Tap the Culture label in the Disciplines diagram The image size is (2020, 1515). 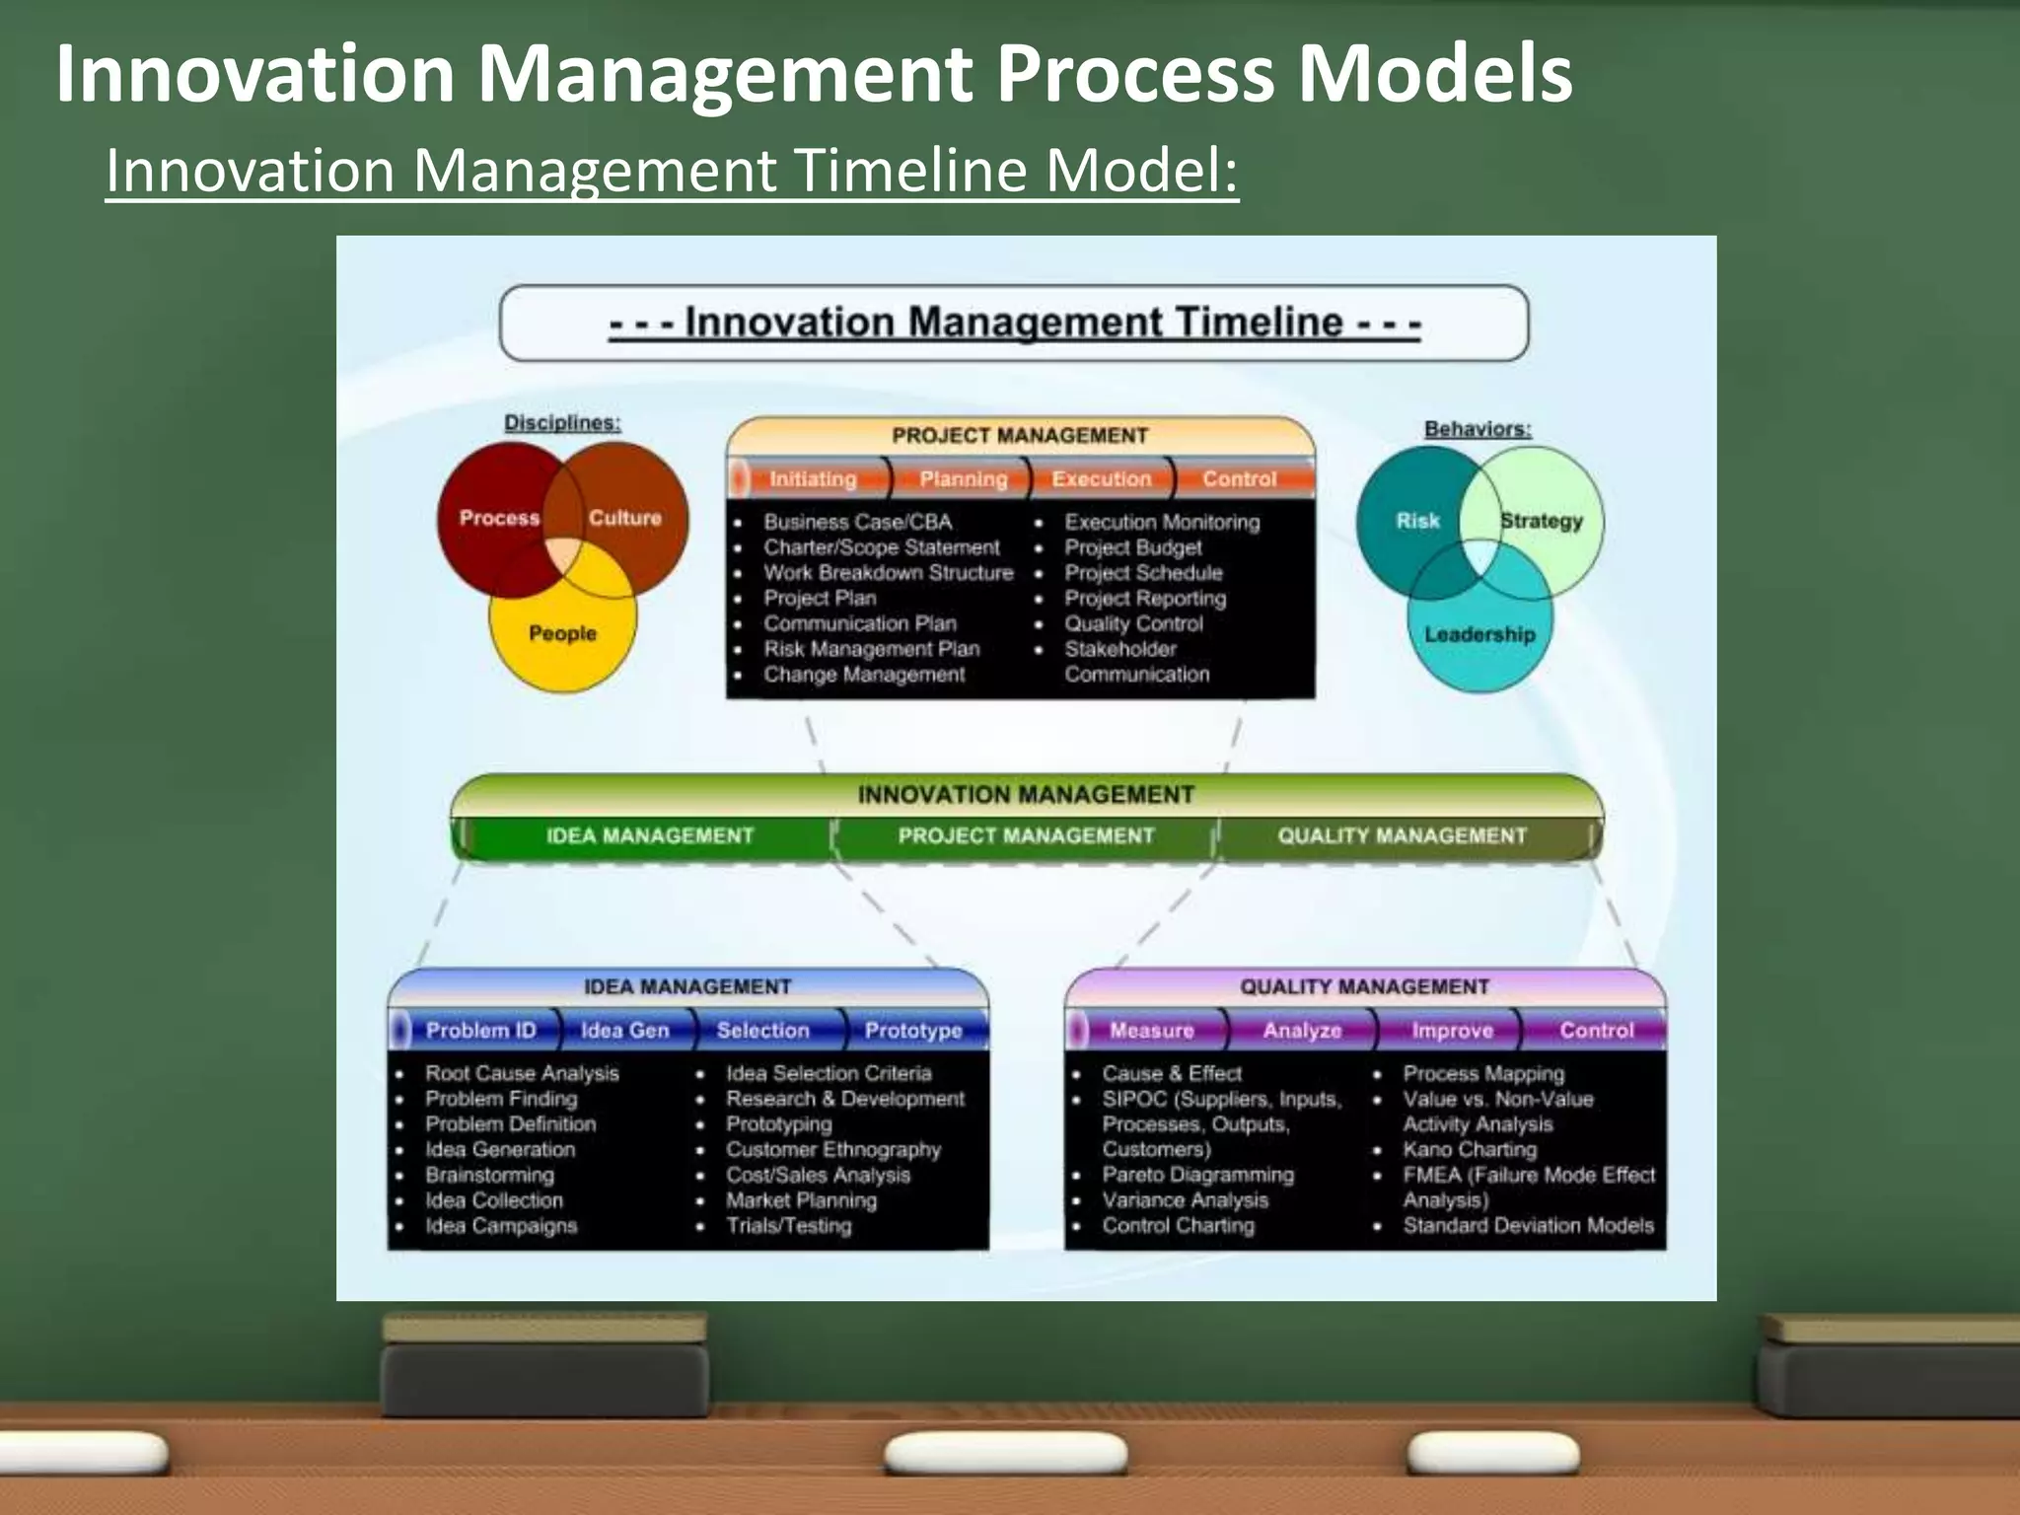624,518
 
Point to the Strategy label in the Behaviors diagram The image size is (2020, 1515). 1541,521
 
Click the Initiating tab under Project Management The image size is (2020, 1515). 813,479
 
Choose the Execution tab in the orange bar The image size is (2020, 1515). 1101,479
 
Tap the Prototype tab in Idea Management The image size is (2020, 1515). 913,1031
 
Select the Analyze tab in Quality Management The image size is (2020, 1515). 1302,1031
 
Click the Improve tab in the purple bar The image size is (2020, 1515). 1452,1031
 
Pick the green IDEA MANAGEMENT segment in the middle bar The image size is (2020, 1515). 649,836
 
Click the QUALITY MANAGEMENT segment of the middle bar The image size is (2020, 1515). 1402,836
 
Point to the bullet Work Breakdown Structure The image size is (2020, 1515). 888,573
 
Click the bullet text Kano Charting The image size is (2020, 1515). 1470,1150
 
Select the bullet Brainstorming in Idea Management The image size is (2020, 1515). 489,1176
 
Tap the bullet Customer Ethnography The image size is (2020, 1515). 833,1150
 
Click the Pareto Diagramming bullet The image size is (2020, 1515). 1197,1176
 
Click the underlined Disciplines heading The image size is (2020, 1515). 562,423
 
